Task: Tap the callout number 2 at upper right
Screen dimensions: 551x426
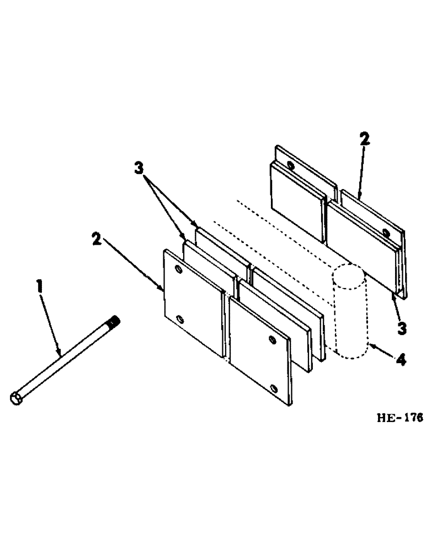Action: tap(364, 140)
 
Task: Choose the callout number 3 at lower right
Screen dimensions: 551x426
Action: tap(402, 328)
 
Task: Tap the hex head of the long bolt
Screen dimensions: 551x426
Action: tap(16, 398)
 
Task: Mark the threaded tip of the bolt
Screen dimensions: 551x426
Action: tap(115, 321)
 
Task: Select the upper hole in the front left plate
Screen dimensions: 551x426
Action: tap(178, 269)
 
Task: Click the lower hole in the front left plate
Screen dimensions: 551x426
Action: tap(179, 319)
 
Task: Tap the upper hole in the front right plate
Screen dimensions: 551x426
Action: tap(271, 338)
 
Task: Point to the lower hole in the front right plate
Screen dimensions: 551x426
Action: tap(274, 389)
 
